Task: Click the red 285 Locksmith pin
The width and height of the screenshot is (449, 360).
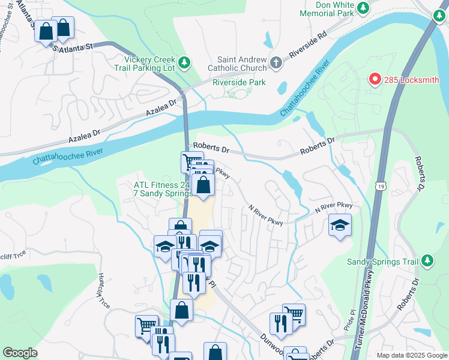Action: (x=375, y=79)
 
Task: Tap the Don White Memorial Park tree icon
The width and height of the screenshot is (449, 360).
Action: (x=363, y=8)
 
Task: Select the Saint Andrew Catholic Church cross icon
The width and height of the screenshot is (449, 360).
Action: (x=276, y=63)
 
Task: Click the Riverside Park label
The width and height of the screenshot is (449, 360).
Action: (x=239, y=82)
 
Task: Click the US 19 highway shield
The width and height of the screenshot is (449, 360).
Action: (x=381, y=187)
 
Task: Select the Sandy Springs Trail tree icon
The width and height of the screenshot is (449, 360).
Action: (x=427, y=261)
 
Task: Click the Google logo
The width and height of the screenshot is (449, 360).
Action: (x=20, y=353)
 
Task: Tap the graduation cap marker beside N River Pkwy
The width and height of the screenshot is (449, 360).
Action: (x=340, y=226)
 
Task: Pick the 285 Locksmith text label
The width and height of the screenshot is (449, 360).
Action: (x=412, y=79)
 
